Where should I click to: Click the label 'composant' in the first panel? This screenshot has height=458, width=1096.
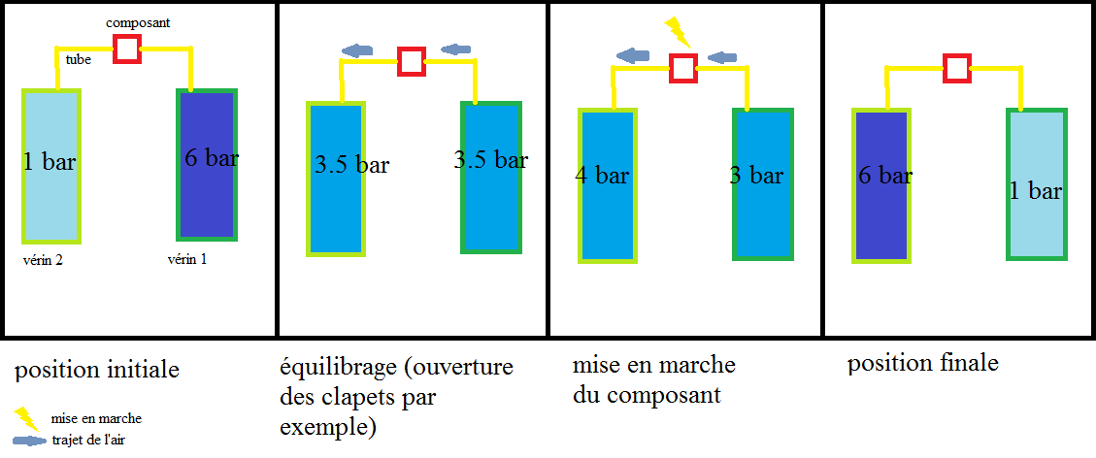139,21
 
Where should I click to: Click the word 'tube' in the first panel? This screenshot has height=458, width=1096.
79,60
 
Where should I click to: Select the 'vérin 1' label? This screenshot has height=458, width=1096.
189,259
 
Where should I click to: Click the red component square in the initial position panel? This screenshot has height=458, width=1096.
126,49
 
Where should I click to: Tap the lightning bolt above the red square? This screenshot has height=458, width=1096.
679,32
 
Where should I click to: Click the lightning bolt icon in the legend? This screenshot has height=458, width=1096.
24,418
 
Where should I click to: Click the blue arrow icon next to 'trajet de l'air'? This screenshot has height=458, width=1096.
30,440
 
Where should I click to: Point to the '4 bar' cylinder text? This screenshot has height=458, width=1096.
602,176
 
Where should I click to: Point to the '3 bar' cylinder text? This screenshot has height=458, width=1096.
756,176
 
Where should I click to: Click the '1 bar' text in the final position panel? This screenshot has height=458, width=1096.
1035,191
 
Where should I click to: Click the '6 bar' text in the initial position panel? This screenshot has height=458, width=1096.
211,158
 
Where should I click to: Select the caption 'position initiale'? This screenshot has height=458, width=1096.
96,370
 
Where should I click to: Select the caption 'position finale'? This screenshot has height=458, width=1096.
922,364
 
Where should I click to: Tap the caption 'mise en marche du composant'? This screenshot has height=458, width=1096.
653,379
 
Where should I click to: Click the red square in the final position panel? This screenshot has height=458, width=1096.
957,68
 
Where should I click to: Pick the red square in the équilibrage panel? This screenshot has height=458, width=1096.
412,61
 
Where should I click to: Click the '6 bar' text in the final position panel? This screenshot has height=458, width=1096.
884,176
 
